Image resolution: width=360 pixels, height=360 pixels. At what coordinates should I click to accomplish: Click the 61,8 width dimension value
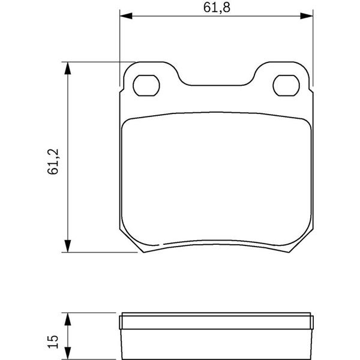(217, 8)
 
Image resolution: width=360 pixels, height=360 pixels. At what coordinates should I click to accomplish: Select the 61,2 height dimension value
(53, 161)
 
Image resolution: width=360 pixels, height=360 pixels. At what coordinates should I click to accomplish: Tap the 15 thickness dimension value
(53, 341)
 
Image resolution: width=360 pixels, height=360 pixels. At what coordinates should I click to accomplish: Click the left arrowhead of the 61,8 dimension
(126, 16)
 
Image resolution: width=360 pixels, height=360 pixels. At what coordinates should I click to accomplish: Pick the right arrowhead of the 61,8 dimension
(307, 16)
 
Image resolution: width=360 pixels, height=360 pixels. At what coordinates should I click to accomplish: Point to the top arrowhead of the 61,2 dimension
(67, 68)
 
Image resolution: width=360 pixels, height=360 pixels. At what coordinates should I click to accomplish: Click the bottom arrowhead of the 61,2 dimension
(67, 246)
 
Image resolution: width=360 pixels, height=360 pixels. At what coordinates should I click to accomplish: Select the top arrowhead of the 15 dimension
(67, 319)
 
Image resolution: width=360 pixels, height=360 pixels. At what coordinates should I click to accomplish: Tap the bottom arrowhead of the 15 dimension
(67, 353)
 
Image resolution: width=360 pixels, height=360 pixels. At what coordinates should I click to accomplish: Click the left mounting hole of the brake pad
(146, 85)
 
